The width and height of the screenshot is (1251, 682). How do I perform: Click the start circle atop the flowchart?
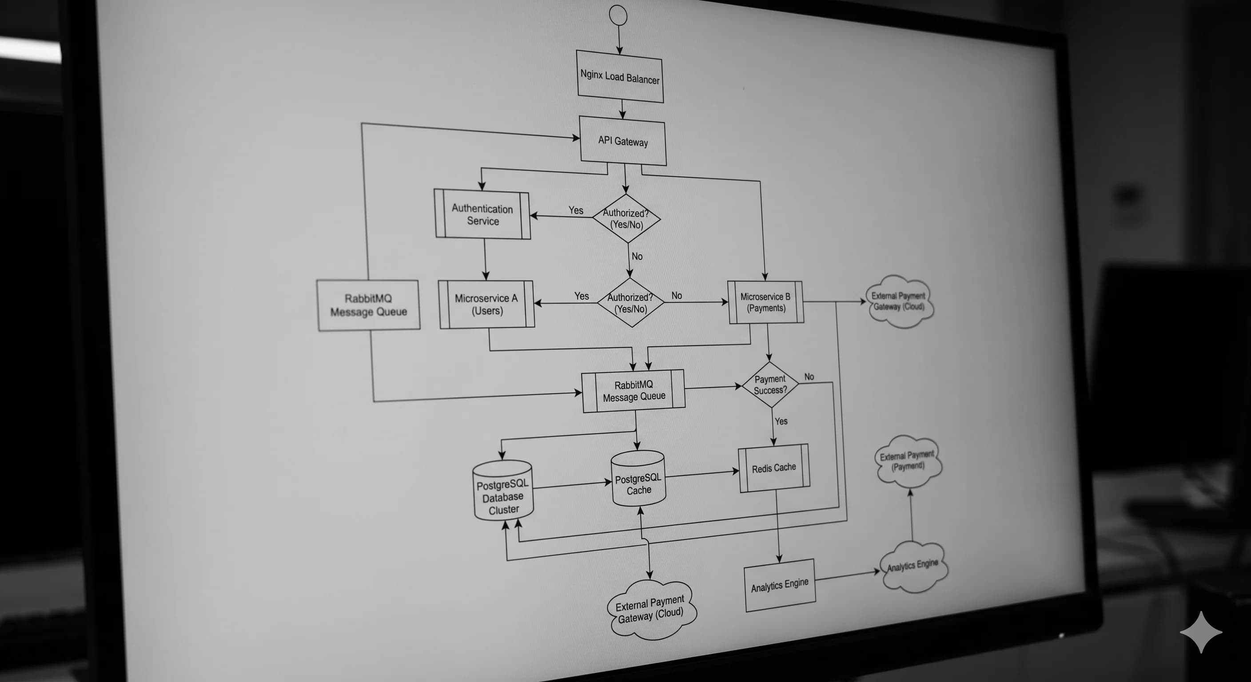click(x=618, y=15)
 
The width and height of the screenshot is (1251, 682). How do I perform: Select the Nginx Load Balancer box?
click(x=620, y=77)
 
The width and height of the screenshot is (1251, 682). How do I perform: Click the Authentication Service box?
click(x=482, y=214)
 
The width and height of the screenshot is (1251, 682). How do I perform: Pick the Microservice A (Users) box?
click(x=486, y=304)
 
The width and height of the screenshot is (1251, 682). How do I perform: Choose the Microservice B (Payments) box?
click(x=765, y=302)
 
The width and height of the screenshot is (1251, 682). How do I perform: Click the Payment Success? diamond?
click(x=770, y=385)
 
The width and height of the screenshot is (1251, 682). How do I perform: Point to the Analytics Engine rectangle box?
click(x=780, y=585)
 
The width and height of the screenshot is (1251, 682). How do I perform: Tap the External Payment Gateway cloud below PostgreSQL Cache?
click(x=651, y=610)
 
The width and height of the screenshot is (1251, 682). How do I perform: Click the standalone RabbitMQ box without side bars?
click(x=368, y=305)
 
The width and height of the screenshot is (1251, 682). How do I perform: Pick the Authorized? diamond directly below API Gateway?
click(x=626, y=218)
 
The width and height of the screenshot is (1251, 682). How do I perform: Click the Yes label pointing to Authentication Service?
click(x=576, y=210)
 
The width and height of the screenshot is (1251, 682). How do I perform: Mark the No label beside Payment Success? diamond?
click(x=809, y=377)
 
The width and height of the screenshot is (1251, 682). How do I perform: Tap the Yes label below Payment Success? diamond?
click(x=781, y=421)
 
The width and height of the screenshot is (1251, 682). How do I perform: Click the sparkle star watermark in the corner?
click(x=1200, y=632)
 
